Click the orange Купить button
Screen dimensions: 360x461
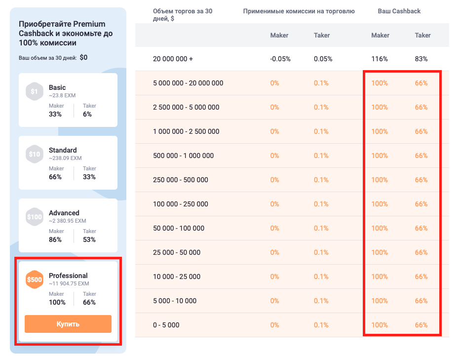click(68, 324)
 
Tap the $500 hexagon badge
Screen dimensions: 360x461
click(34, 280)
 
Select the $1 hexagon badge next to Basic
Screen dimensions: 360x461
click(34, 91)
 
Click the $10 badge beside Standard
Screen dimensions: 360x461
click(34, 154)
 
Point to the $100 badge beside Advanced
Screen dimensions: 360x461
click(34, 217)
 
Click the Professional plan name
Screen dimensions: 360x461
click(68, 276)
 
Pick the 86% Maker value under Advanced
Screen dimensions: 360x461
click(55, 240)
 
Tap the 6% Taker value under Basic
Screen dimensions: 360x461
click(87, 114)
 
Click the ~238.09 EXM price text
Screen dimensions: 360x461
click(65, 158)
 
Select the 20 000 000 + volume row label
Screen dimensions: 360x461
click(173, 59)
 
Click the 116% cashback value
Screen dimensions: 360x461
click(380, 59)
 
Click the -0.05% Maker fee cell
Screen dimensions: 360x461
click(280, 59)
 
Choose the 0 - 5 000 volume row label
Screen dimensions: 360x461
click(166, 325)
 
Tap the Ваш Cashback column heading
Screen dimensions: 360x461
click(399, 11)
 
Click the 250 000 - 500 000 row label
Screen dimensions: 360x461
click(181, 180)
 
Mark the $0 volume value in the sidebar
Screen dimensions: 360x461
click(83, 57)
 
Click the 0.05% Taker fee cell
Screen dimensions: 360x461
click(323, 59)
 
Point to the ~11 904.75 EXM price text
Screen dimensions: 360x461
click(69, 283)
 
